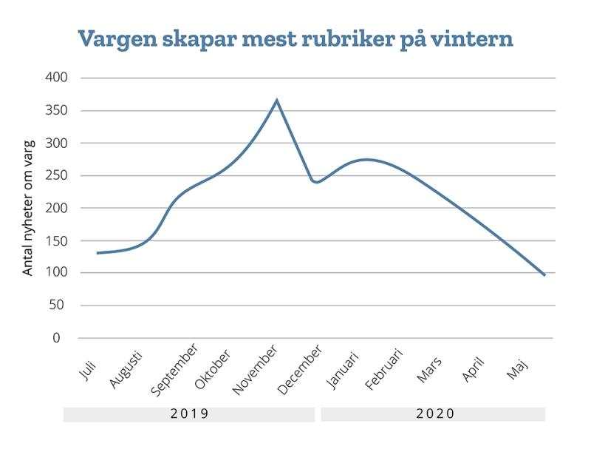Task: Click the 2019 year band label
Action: click(189, 413)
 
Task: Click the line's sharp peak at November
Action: click(277, 100)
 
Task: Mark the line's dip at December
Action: click(316, 181)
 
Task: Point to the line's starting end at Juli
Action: click(97, 253)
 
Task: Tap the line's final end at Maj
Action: click(545, 275)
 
